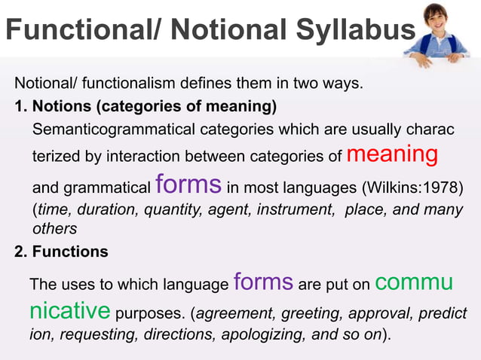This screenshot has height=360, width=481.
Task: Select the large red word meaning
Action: tap(392, 154)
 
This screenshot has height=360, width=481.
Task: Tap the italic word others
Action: tap(54, 228)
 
